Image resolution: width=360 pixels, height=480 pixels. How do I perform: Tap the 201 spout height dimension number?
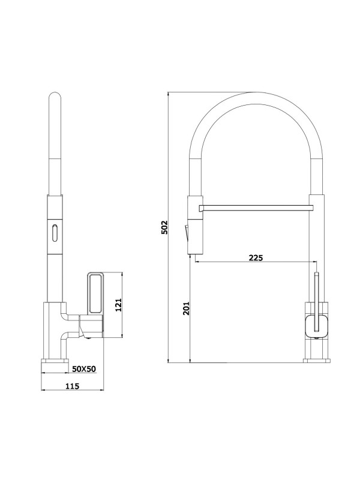click(x=185, y=308)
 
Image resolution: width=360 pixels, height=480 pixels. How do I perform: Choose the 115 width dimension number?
click(x=71, y=386)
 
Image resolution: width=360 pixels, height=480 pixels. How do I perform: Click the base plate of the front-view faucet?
click(x=316, y=361)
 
